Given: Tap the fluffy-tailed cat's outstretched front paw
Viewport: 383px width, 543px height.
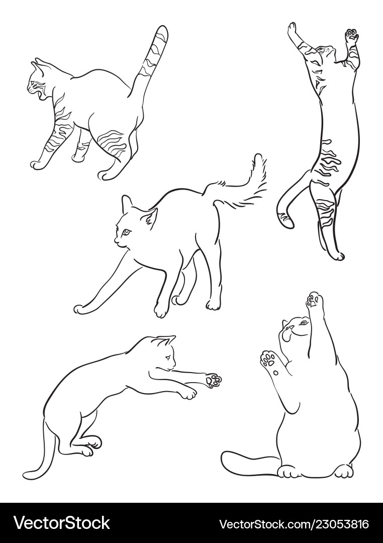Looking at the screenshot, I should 80,309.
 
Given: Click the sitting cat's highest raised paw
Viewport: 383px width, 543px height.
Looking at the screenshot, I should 315,300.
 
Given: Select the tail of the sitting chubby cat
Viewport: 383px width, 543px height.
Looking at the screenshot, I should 246,463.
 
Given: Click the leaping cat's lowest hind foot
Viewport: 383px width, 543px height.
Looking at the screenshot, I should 337,255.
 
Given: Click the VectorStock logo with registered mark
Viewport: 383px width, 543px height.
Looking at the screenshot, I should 61,523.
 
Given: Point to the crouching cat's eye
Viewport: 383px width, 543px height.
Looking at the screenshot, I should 167,358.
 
